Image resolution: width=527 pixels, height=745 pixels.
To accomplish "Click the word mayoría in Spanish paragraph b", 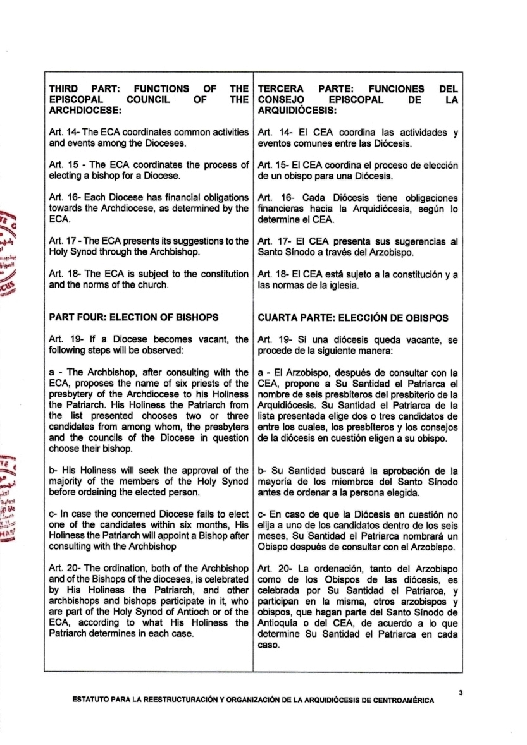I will click(x=280, y=482).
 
